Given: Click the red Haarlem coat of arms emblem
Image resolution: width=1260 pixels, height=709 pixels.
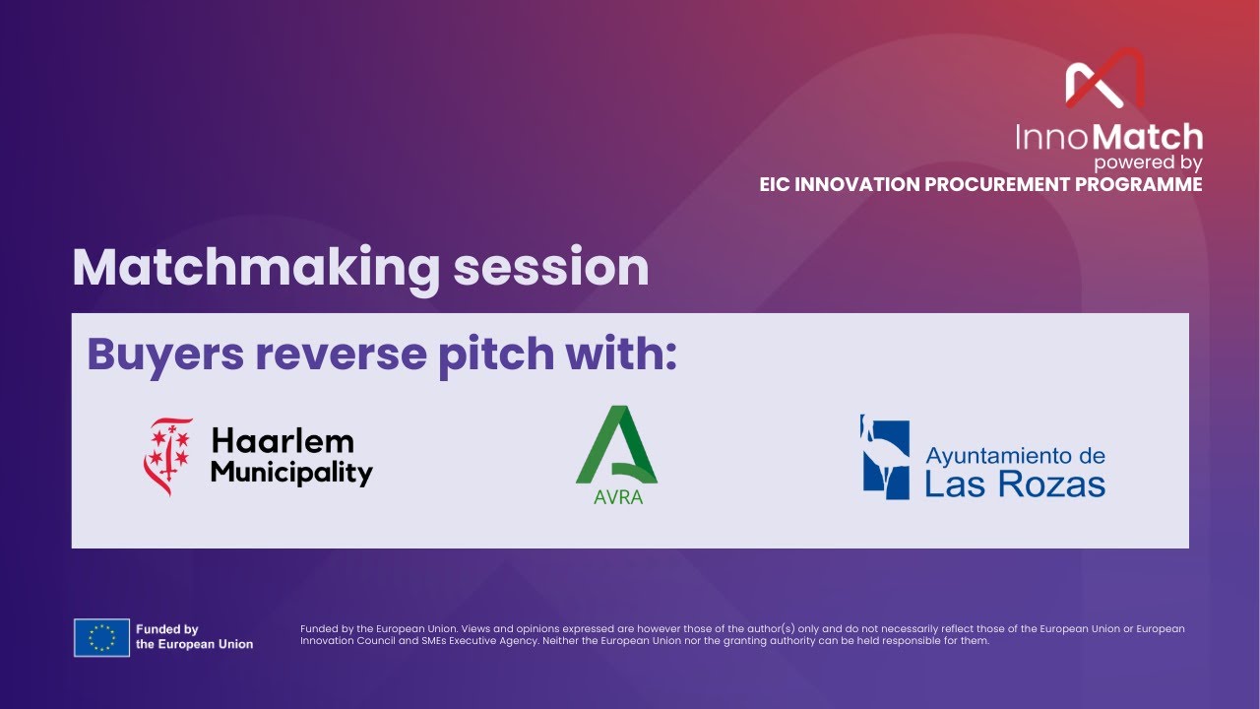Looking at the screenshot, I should [x=169, y=457].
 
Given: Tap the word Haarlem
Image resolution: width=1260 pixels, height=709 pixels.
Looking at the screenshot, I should [x=283, y=441].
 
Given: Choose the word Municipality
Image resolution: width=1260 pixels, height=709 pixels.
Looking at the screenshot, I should [x=291, y=473].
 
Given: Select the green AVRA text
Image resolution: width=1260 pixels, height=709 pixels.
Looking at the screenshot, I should [x=618, y=497].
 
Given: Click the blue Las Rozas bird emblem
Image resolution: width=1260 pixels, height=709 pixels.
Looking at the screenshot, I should [x=885, y=457].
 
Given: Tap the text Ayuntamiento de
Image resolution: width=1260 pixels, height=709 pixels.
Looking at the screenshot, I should [x=1015, y=456].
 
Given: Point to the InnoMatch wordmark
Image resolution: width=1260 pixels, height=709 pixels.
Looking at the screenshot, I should [x=1109, y=136].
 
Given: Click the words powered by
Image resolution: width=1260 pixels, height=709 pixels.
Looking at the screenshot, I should [x=1148, y=162].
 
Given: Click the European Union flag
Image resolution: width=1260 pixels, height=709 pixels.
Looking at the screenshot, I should [x=101, y=637].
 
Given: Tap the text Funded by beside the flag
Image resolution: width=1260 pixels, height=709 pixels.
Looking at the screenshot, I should [x=166, y=629].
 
